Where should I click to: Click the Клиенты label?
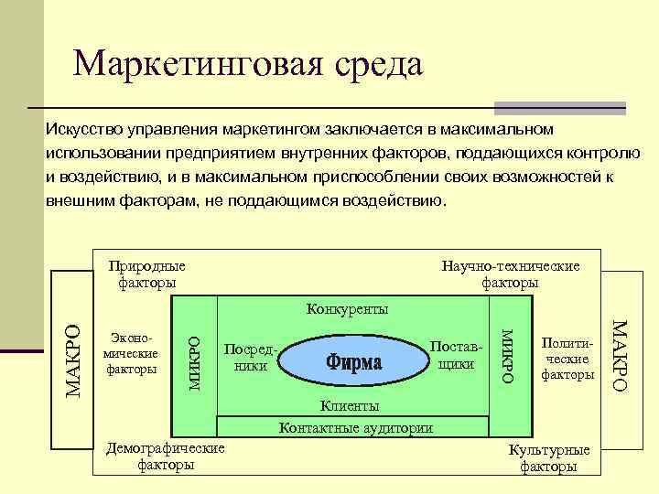(x=349, y=405)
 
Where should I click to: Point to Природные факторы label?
(x=146, y=274)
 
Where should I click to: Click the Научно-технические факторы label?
(x=510, y=274)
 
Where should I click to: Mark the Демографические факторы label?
(x=165, y=456)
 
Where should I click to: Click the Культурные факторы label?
(x=549, y=459)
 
